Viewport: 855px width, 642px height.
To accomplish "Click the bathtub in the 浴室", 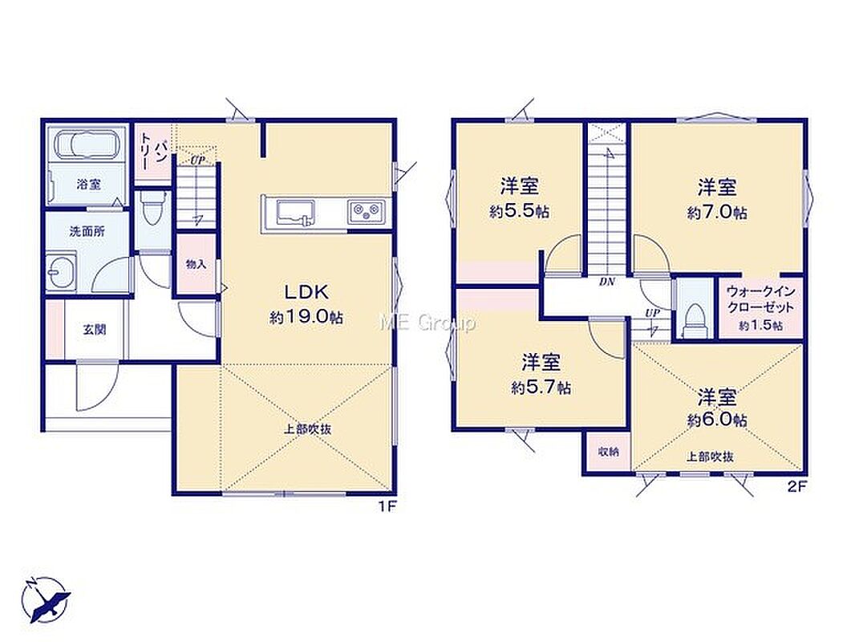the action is pyautogui.click(x=87, y=144).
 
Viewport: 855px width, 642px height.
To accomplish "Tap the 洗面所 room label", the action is pyautogui.click(x=87, y=231).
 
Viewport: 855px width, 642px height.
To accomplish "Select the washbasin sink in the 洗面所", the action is pyautogui.click(x=61, y=270).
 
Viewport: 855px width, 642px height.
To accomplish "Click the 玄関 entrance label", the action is pyautogui.click(x=95, y=330).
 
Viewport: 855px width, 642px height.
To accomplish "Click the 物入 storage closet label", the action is pyautogui.click(x=197, y=265).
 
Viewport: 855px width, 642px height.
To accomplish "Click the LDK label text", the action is pyautogui.click(x=306, y=292).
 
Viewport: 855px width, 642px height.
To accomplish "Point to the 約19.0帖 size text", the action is pyautogui.click(x=306, y=317).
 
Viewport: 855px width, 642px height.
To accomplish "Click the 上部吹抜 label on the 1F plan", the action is pyautogui.click(x=307, y=429).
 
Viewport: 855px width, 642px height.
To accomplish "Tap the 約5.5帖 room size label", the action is pyautogui.click(x=519, y=212).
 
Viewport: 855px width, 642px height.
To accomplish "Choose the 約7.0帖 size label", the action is pyautogui.click(x=717, y=212).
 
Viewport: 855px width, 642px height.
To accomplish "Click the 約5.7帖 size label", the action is pyautogui.click(x=541, y=388).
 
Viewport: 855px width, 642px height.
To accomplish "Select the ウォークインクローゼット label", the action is pyautogui.click(x=761, y=299).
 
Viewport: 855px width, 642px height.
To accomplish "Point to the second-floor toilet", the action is pyautogui.click(x=695, y=320).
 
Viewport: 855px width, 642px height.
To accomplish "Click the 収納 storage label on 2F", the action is pyautogui.click(x=607, y=452).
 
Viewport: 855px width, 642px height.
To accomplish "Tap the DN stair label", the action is pyautogui.click(x=607, y=282).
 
